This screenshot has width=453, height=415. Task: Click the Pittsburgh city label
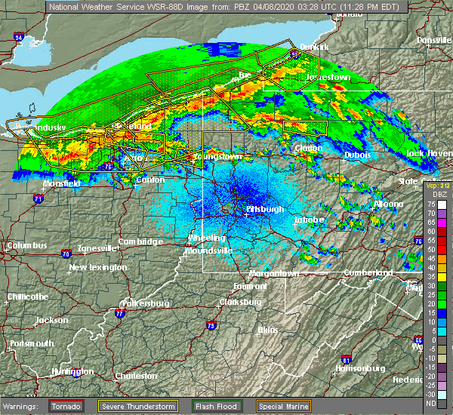click(265, 208)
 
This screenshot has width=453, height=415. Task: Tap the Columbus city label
click(27, 245)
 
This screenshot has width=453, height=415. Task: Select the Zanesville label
click(92, 247)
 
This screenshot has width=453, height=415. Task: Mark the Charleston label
click(136, 376)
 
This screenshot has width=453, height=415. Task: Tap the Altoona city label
click(389, 204)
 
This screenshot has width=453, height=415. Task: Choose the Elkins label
click(268, 330)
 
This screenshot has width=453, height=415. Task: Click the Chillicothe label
click(27, 297)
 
